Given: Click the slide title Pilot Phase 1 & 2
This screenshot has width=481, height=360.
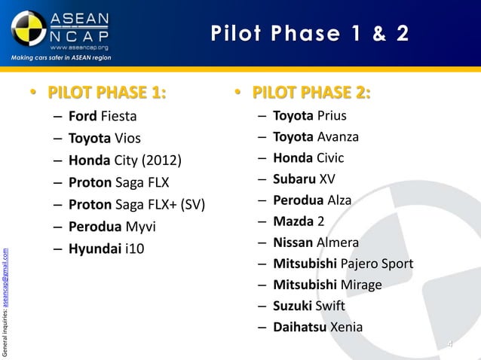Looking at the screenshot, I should (310, 34).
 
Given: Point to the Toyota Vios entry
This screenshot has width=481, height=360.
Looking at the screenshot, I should (104, 139).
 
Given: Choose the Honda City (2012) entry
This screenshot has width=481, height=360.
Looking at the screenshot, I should (125, 160).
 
